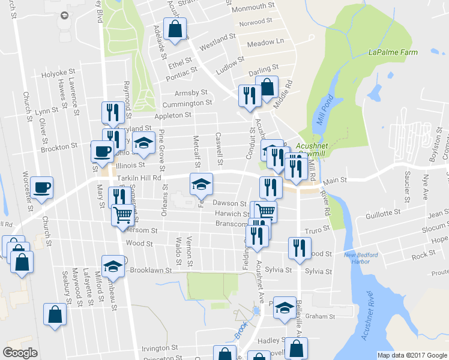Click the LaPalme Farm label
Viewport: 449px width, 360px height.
coord(393,53)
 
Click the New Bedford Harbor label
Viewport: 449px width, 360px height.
coord(361,258)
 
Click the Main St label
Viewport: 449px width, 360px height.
coord(336,179)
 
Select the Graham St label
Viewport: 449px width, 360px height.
coord(319,316)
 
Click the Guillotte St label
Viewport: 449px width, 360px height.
coord(384,213)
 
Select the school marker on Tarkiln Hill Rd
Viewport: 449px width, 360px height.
coord(201,184)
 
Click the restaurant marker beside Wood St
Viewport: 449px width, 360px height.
coord(299,247)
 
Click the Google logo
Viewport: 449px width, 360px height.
coord(20,353)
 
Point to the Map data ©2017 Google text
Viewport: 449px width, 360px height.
coord(411,355)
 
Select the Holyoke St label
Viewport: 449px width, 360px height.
coord(56,74)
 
